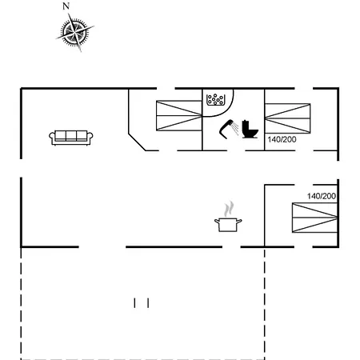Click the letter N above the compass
66,6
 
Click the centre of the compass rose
74,33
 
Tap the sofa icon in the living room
71,138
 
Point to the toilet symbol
250,130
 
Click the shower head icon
229,129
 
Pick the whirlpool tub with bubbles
216,100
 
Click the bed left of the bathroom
179,116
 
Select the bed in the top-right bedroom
287,118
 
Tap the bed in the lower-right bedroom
315,218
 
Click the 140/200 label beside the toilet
282,139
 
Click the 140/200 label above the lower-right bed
322,196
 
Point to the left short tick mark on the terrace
134,303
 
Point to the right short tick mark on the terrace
148,303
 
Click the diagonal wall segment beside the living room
138,142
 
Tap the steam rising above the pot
229,209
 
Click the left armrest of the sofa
52,137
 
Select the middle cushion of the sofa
71,136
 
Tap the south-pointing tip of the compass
80,50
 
